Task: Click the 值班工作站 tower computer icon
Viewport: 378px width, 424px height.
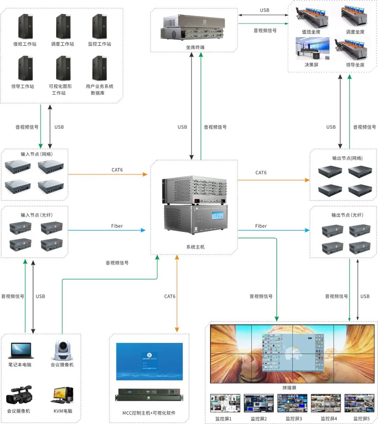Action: (x=25, y=27)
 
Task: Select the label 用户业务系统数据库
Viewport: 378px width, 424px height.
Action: (x=99, y=89)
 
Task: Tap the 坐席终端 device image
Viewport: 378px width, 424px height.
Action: (x=194, y=28)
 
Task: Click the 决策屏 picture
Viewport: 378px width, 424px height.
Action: (x=312, y=49)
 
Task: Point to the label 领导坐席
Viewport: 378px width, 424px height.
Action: (x=355, y=65)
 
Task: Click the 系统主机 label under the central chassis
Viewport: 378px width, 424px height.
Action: (x=195, y=247)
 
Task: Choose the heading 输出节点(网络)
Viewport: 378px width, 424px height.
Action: (x=347, y=158)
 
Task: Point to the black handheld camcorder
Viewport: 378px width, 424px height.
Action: (x=19, y=395)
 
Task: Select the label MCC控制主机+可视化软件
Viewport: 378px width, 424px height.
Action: (x=149, y=413)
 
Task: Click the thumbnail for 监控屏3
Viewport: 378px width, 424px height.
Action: (x=292, y=403)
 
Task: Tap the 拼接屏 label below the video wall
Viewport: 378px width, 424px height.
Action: (x=289, y=388)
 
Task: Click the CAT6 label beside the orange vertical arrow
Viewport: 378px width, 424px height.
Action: (x=170, y=296)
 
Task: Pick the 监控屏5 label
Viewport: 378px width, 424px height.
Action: (x=361, y=418)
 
